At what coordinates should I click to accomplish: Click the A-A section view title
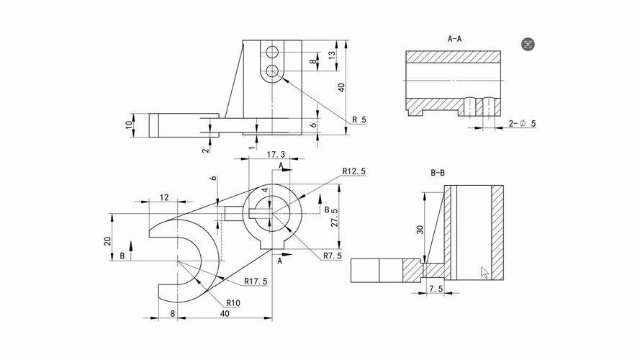[x=454, y=37]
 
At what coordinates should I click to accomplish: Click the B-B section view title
[x=438, y=173]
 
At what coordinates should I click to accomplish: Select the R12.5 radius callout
[x=355, y=171]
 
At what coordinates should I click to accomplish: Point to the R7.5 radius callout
[x=332, y=256]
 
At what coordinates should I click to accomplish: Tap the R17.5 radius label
[x=256, y=281]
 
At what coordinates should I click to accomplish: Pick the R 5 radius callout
[x=359, y=120]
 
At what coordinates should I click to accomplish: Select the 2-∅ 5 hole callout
[x=523, y=124]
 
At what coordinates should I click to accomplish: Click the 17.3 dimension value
[x=276, y=155]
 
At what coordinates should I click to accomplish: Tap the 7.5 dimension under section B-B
[x=435, y=289]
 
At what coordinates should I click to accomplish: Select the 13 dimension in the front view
[x=332, y=55]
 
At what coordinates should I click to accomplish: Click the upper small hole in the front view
[x=272, y=52]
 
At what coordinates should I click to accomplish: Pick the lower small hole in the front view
[x=272, y=71]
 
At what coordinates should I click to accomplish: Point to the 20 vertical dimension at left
[x=108, y=240]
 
